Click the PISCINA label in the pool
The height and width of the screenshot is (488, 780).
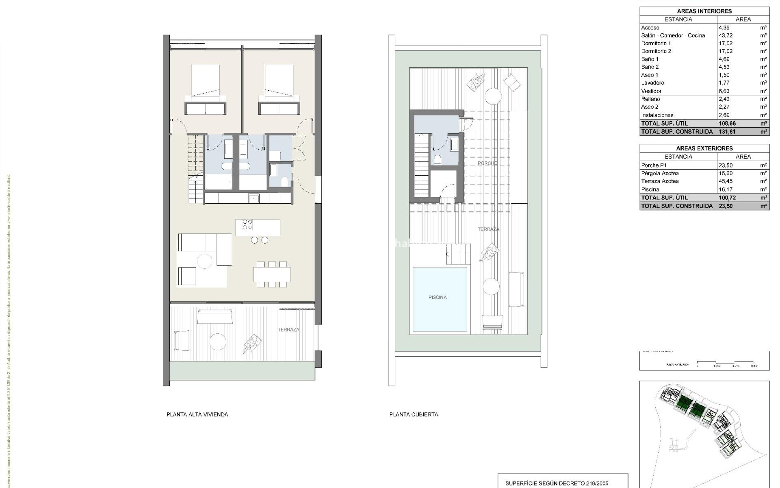point(438,297)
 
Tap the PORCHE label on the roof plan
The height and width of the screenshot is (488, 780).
point(487,163)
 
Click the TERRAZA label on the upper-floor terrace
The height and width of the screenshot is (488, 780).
point(288,330)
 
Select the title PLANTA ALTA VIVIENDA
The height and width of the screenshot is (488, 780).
point(197,414)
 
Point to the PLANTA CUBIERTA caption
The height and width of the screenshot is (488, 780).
point(414,414)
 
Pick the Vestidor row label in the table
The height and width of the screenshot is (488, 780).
point(651,91)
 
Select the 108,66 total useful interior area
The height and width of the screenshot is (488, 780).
point(727,124)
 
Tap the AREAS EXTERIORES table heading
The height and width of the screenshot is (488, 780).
point(704,148)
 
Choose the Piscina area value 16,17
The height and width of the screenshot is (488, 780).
point(725,190)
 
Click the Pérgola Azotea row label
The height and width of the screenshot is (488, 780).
point(660,173)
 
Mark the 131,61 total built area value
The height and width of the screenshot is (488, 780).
point(727,132)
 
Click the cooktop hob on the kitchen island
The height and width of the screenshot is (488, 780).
point(247,224)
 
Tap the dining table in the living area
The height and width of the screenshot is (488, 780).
point(272,274)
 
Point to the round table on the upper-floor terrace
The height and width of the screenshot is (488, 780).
point(218,342)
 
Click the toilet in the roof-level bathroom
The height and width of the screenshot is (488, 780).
point(437,159)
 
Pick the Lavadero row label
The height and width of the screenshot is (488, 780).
point(652,83)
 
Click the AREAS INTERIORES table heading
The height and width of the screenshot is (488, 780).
point(704,11)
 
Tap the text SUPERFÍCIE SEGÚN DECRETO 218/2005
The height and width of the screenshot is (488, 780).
point(557,484)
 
